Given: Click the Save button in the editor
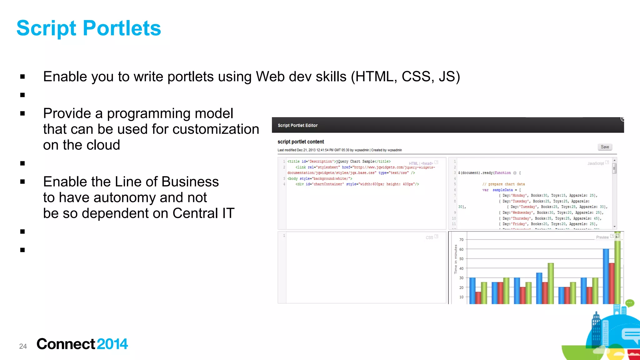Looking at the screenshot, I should (605, 147).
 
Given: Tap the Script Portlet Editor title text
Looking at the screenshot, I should (297, 125).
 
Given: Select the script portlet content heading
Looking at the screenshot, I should (301, 142).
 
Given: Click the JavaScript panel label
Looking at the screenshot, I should (595, 163).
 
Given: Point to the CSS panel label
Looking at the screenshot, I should (429, 237).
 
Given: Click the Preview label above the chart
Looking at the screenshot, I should (602, 237).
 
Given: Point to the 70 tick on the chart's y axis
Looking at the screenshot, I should (461, 240).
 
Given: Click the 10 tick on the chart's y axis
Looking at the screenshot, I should (461, 297).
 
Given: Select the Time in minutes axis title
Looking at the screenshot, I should (456, 259).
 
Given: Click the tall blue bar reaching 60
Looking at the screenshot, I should (606, 277).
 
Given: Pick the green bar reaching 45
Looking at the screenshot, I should (551, 283).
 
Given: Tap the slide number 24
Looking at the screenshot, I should (23, 346).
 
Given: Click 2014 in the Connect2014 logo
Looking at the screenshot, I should (112, 344).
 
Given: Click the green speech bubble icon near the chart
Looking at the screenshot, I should (629, 303).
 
